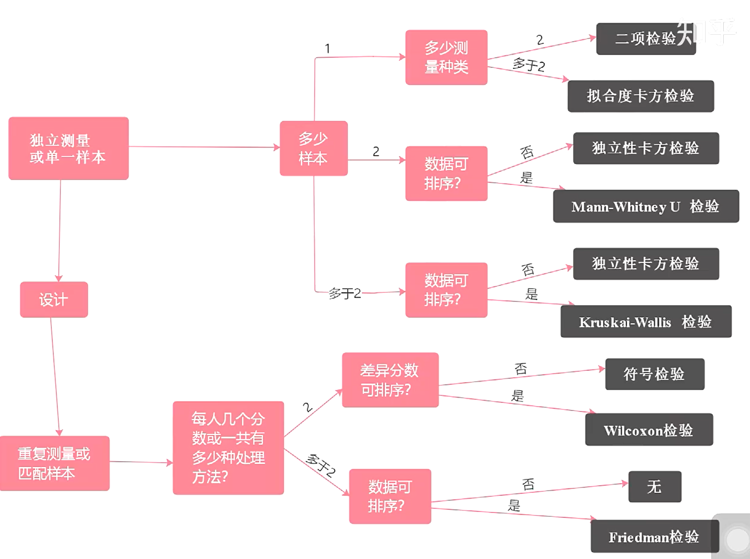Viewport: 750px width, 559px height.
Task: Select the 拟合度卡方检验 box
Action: [x=640, y=96]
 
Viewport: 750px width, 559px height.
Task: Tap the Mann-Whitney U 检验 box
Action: [x=646, y=206]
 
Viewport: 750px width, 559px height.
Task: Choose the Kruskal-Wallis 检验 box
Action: [x=646, y=322]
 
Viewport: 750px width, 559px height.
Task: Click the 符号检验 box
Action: [x=654, y=374]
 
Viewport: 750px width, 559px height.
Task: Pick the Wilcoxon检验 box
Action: [x=648, y=430]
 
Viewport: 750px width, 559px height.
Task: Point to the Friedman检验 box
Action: [x=654, y=537]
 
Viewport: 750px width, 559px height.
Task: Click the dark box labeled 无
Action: [x=654, y=486]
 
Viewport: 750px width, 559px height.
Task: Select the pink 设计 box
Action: [x=53, y=299]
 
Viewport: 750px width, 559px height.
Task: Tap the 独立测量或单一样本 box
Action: [x=68, y=148]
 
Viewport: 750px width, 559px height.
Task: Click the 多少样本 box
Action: [x=313, y=148]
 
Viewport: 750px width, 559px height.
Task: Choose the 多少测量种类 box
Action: [x=446, y=57]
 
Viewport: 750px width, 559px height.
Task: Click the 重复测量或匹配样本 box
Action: [x=55, y=463]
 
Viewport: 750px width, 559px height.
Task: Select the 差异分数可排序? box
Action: [x=390, y=380]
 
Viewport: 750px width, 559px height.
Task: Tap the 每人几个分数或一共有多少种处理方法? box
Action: [x=228, y=448]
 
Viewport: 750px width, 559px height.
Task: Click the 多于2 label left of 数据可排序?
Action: [x=344, y=293]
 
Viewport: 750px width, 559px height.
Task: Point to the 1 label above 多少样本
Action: [x=327, y=49]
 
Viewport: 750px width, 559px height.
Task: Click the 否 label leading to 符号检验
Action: [x=521, y=368]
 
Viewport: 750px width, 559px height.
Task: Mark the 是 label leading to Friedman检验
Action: [x=514, y=505]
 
